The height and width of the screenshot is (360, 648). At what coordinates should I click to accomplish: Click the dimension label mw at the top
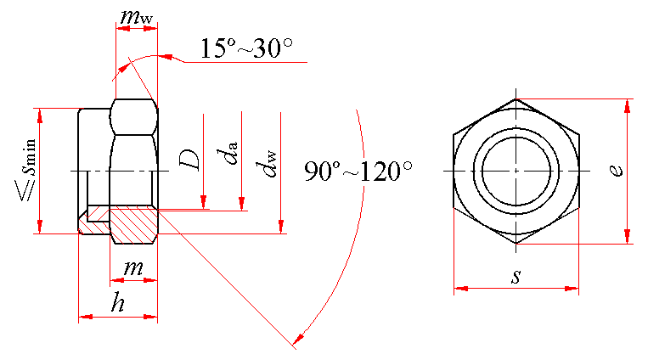137,16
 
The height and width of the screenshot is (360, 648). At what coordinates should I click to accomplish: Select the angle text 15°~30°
247,48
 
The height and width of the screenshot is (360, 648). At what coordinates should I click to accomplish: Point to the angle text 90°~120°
358,172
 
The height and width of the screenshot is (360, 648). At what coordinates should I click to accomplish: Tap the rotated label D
189,160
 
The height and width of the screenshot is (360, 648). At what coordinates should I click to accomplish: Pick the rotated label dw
267,164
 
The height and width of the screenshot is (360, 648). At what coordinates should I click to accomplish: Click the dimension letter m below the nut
133,268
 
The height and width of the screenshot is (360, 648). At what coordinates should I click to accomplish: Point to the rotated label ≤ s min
27,171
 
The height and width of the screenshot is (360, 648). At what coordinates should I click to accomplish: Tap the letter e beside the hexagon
617,171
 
